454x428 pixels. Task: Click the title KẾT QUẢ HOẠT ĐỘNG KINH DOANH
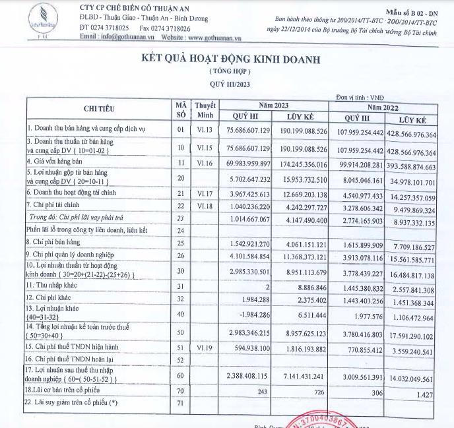pyautogui.click(x=230, y=59)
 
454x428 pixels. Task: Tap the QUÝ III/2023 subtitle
pyautogui.click(x=230, y=84)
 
